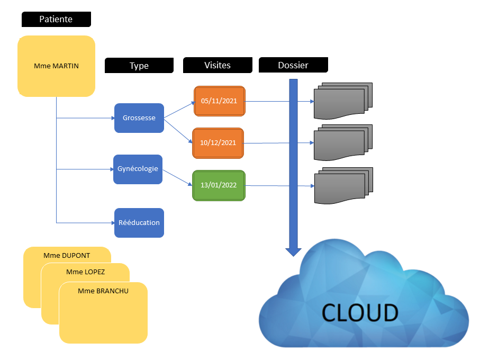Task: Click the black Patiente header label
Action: pyautogui.click(x=56, y=20)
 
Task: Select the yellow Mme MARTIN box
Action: pyautogui.click(x=57, y=66)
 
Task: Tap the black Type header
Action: pyautogui.click(x=139, y=66)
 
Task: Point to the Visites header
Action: pyautogui.click(x=218, y=66)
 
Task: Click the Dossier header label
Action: pyautogui.click(x=293, y=66)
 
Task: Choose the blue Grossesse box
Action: pyautogui.click(x=139, y=118)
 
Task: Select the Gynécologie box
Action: pyautogui.click(x=138, y=169)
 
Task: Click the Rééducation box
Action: pyautogui.click(x=139, y=222)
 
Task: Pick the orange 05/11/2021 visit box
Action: pyautogui.click(x=219, y=101)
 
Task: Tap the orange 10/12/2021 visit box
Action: pyautogui.click(x=218, y=143)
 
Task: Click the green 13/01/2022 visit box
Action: pyautogui.click(x=219, y=185)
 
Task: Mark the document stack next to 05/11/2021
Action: pyautogui.click(x=343, y=101)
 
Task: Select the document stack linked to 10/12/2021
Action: pyautogui.click(x=343, y=142)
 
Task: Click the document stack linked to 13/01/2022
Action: pyautogui.click(x=343, y=185)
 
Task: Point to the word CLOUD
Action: pyautogui.click(x=360, y=313)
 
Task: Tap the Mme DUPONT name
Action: pyautogui.click(x=67, y=255)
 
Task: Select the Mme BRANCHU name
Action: pyautogui.click(x=103, y=291)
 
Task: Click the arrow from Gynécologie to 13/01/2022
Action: pyautogui.click(x=177, y=178)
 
